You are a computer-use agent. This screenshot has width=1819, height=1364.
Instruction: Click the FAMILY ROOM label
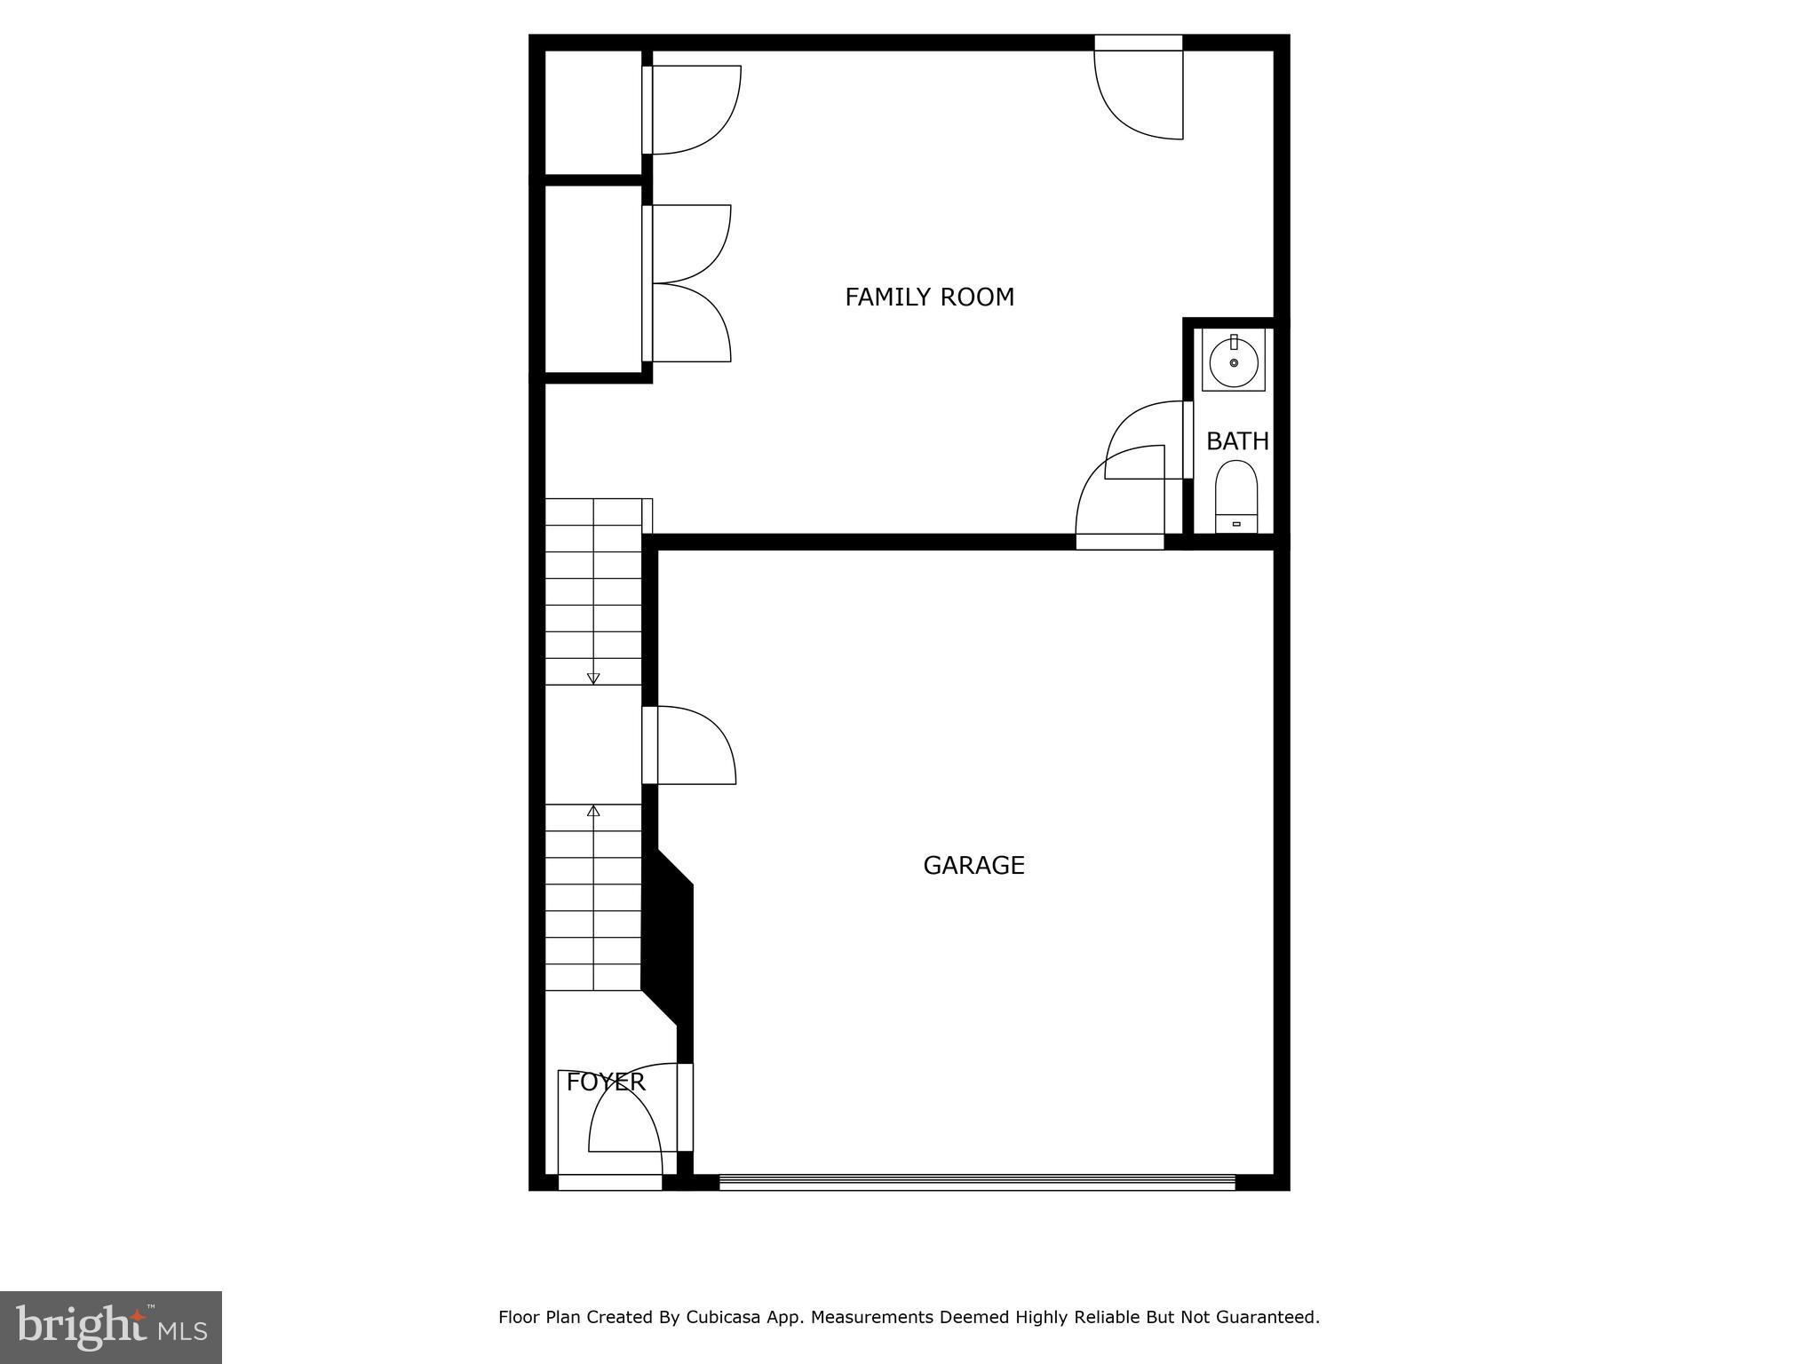(x=929, y=297)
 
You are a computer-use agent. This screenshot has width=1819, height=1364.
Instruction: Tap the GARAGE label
(x=973, y=865)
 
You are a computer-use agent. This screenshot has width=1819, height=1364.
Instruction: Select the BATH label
(x=1236, y=440)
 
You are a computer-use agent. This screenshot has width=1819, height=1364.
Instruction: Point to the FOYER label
(x=606, y=1082)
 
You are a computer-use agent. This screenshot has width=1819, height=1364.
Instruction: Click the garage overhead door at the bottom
(x=977, y=1182)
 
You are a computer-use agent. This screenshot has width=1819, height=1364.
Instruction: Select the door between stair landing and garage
(x=688, y=745)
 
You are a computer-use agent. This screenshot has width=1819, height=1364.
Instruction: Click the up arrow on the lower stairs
(x=593, y=812)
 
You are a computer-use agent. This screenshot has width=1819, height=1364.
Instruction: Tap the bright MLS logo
(x=111, y=1327)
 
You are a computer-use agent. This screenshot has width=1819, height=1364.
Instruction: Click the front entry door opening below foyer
(x=610, y=1182)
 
